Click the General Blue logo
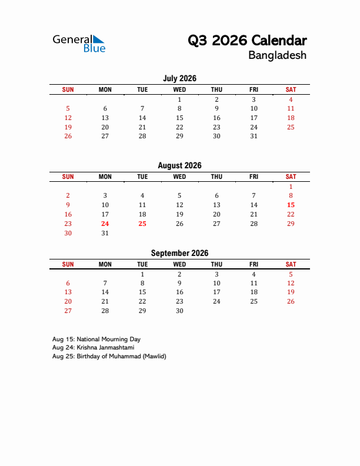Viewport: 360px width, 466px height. tap(79, 43)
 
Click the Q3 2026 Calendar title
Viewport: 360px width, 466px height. tap(247, 41)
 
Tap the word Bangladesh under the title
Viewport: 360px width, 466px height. tap(277, 56)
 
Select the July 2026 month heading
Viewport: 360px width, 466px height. tap(179, 78)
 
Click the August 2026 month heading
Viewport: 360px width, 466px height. tap(179, 166)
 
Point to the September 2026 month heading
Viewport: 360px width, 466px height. tap(179, 254)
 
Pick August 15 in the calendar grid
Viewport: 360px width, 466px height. tap(291, 205)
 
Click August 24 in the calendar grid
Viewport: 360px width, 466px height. tap(105, 224)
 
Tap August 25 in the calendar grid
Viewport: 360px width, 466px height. tap(142, 224)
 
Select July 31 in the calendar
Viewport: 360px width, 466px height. tap(254, 136)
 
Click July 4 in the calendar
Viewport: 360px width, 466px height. tap(291, 99)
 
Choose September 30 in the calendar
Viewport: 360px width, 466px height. tap(179, 311)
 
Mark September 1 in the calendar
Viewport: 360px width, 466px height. tap(142, 274)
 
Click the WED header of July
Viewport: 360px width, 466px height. tap(179, 89)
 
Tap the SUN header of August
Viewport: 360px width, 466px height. tap(68, 177)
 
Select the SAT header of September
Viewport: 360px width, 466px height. tap(291, 264)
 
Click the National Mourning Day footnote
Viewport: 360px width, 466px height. tap(96, 339)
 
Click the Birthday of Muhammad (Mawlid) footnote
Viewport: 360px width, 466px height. tap(109, 356)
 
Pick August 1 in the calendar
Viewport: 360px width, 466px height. tap(291, 186)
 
